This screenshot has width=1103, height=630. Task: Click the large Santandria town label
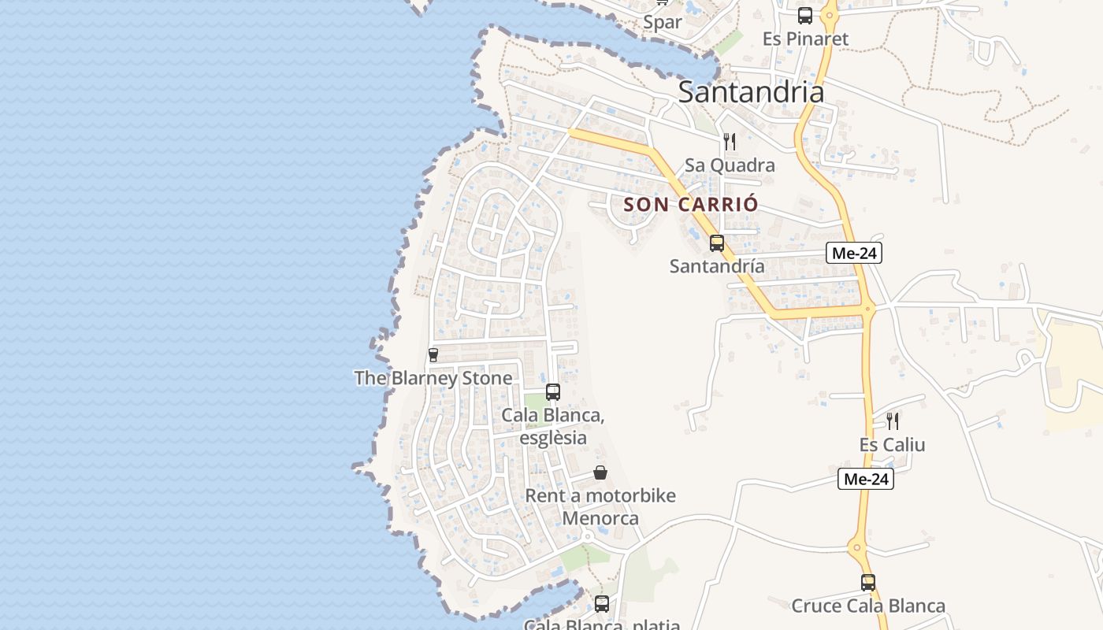click(751, 92)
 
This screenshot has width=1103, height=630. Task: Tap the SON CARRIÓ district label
click(691, 205)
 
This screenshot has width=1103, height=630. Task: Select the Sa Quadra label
click(730, 165)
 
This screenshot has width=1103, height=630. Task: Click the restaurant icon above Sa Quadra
click(730, 142)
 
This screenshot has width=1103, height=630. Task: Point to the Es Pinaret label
click(805, 39)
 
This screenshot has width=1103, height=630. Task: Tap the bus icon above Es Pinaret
click(805, 15)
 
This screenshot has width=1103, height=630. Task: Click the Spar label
click(662, 22)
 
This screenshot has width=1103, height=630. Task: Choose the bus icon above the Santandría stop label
click(717, 243)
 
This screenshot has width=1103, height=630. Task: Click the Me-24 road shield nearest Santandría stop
click(853, 253)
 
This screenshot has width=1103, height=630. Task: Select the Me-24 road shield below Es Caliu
click(865, 479)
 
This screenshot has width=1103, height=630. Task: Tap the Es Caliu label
click(892, 445)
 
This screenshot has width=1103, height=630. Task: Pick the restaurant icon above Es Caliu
click(892, 421)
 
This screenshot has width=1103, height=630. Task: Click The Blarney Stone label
click(433, 378)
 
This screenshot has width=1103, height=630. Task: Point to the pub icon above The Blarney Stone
click(433, 354)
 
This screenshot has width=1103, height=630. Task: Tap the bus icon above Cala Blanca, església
click(553, 392)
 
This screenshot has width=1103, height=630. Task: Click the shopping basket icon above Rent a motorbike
click(600, 472)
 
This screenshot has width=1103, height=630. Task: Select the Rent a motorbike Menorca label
click(600, 507)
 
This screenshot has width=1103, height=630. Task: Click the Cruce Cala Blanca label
click(868, 606)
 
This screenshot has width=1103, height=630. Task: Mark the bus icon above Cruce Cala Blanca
click(868, 583)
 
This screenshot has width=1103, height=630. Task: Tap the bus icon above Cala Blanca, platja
click(602, 604)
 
